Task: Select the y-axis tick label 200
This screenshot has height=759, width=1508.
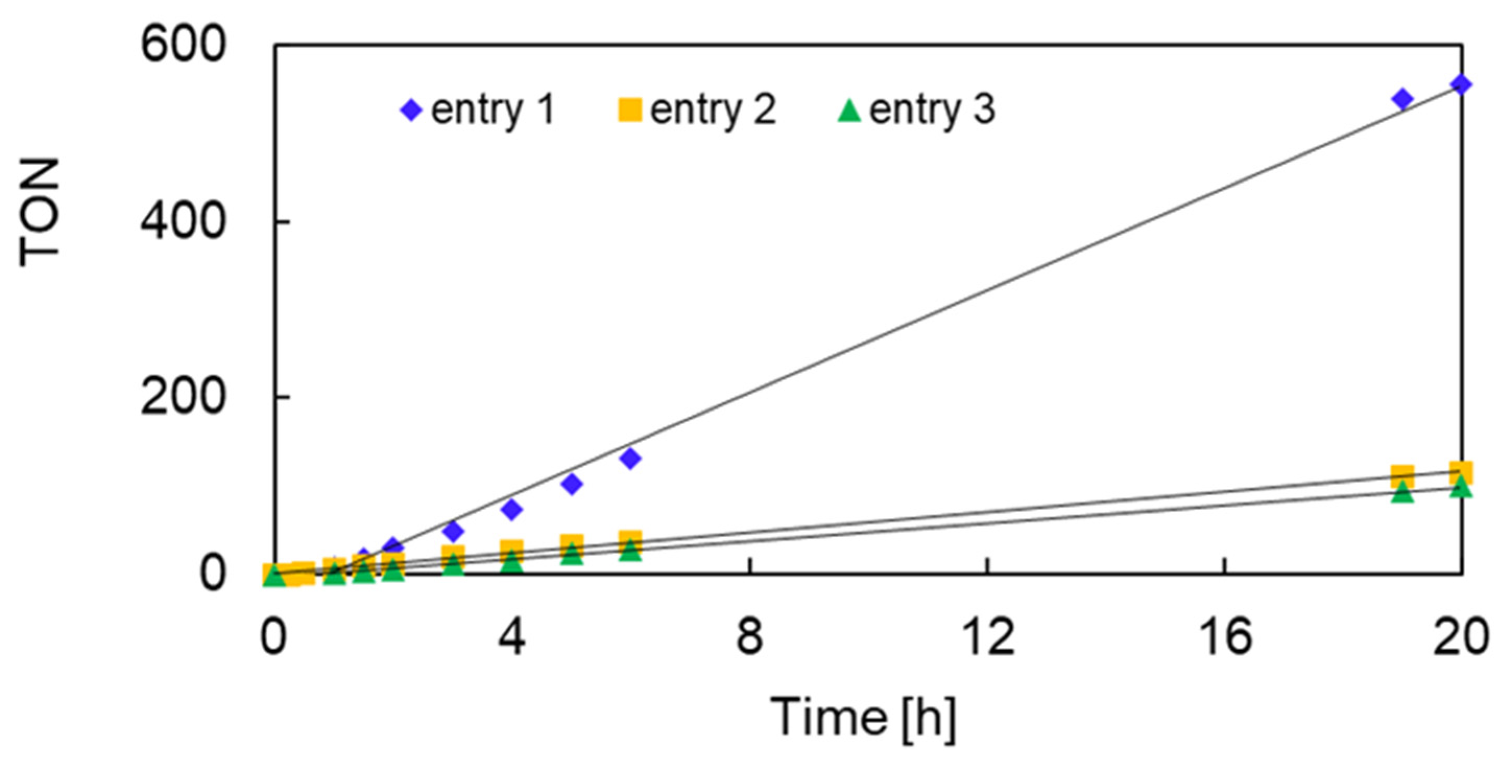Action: (x=183, y=398)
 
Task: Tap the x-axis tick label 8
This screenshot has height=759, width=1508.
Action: (x=750, y=637)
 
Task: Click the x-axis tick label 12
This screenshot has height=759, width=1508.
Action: (x=987, y=637)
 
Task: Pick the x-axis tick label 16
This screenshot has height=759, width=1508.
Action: (x=1225, y=637)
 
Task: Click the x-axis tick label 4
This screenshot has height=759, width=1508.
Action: (x=512, y=637)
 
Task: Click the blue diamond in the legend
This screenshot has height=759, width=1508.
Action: (x=412, y=110)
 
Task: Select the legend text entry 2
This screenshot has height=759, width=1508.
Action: (x=713, y=110)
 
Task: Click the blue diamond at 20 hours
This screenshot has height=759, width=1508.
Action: (x=1461, y=85)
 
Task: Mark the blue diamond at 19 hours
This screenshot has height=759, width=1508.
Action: (x=1403, y=99)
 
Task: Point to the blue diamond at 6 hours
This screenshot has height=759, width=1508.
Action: (x=630, y=458)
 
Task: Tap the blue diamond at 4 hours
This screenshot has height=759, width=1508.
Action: (x=512, y=510)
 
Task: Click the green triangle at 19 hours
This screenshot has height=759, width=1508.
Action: (x=1403, y=492)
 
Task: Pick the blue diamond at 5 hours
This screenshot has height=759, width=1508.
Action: (x=571, y=484)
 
